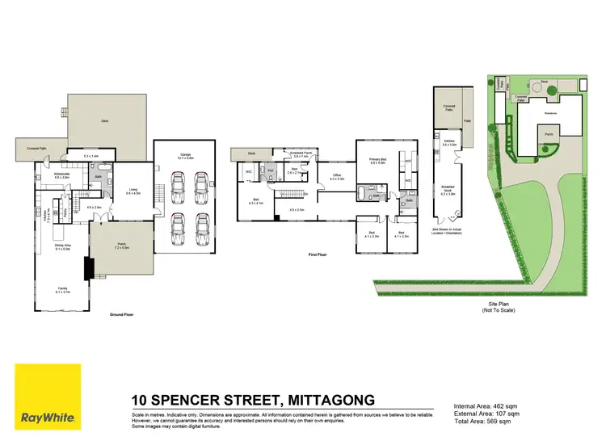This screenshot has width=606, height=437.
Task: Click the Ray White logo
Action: click(x=48, y=397)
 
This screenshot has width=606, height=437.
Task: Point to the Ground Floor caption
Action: click(x=121, y=315)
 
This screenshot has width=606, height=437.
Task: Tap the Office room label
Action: click(x=338, y=176)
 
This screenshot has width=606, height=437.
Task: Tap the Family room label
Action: click(x=62, y=289)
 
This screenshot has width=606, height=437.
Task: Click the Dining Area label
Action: click(x=62, y=247)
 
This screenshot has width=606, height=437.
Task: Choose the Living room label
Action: click(x=133, y=191)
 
